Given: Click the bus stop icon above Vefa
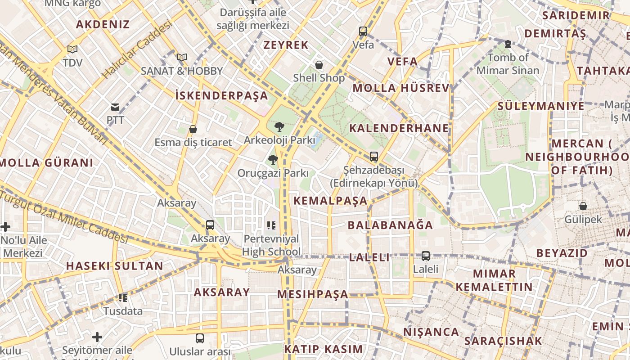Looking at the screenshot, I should [x=363, y=31].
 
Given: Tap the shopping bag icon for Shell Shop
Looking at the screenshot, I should [x=319, y=65].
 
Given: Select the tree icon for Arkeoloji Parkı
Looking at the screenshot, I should [x=279, y=127].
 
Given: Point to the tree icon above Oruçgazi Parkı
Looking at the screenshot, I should [x=273, y=160].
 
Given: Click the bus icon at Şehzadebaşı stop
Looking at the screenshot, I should [x=374, y=157].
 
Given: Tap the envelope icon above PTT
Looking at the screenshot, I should [x=115, y=107].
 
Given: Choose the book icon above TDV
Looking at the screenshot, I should [x=72, y=49].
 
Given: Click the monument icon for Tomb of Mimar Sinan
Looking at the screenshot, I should [x=508, y=44].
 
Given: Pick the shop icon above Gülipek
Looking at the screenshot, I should [x=583, y=206].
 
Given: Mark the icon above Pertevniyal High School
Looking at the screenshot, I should [x=271, y=225].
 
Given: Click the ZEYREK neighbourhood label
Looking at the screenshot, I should [x=286, y=45].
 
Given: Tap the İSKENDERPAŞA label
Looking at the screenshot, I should [x=221, y=95].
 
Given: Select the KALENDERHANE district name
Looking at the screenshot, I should [x=399, y=128].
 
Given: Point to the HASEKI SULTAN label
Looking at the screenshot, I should [x=115, y=266].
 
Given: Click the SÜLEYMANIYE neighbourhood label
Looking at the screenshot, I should [x=541, y=106].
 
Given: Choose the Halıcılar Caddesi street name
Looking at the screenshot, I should [x=137, y=49].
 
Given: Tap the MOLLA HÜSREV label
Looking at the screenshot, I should [x=401, y=88].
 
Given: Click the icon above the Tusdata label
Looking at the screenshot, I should [x=123, y=297].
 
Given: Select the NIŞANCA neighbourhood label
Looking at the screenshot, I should [x=431, y=332].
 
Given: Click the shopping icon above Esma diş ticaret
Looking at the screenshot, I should [x=193, y=130].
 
